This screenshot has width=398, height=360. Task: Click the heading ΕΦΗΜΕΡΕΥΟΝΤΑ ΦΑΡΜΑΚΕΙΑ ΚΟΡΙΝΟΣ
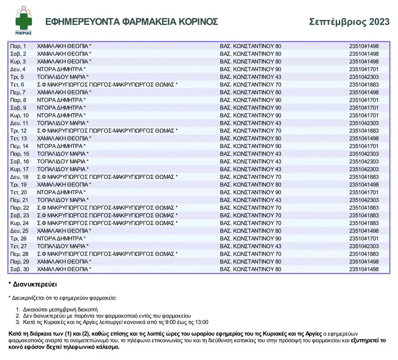[x=132, y=22]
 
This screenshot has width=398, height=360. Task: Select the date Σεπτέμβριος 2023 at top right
[x=349, y=21]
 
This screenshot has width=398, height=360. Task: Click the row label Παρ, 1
[x=18, y=46]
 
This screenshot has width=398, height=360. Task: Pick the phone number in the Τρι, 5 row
[x=363, y=77]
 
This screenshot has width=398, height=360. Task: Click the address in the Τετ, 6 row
[x=250, y=84]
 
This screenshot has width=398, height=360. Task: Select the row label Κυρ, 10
[x=19, y=115]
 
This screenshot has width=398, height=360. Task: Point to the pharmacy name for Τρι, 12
[x=107, y=131]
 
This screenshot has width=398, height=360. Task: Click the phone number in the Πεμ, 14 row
[x=363, y=146]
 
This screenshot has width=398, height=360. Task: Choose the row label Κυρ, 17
[x=19, y=169]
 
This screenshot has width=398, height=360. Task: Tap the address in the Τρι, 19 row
[x=250, y=185]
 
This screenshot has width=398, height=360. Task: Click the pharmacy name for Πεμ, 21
[x=63, y=200]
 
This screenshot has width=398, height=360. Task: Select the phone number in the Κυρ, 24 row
[x=363, y=223]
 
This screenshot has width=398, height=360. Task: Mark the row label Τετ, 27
[x=19, y=247]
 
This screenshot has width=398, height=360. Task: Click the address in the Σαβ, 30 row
[x=250, y=270]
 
